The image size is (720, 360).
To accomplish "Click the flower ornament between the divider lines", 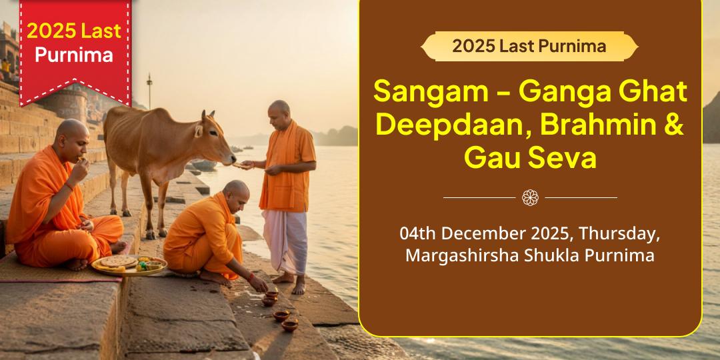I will click(530, 197).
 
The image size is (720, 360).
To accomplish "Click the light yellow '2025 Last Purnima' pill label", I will click(529, 46).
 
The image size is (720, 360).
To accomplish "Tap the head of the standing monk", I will click(280, 111).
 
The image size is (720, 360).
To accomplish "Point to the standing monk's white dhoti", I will click(285, 240).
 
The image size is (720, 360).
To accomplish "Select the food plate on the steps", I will click(129, 265).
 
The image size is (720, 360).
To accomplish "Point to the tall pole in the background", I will click(149, 90).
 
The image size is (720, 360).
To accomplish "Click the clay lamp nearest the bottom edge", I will click(289, 325).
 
